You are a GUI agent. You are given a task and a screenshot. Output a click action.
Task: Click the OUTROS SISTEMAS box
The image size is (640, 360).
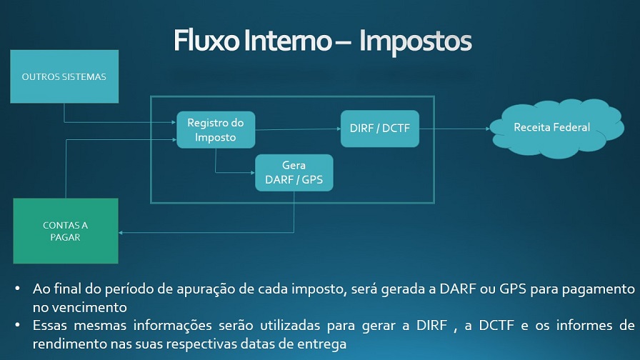pos(64,76)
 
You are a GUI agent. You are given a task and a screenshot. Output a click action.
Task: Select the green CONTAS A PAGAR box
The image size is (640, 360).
pos(66,231)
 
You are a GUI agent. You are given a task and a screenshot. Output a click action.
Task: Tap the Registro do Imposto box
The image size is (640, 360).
pos(216,130)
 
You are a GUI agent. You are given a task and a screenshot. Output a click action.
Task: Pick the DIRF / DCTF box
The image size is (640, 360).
pos(380,129)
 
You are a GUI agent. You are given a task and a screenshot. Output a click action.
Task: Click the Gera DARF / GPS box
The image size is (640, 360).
pos(294,173)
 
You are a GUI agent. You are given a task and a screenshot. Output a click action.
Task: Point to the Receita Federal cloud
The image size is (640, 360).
pos(556,128)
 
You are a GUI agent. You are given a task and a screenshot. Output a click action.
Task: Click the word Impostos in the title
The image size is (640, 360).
pos(416,41)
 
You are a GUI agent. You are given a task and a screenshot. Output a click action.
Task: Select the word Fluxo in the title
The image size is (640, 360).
pos(206,40)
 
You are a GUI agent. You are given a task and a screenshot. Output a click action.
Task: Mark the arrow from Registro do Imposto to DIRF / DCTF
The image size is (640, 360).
pos(298,129)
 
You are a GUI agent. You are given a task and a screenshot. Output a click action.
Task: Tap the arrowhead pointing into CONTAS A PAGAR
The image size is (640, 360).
pos(121,233)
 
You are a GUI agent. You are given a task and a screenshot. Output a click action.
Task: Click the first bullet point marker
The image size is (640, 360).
pos(17,289)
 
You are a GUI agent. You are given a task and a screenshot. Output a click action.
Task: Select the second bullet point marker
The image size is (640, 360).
pos(17,325)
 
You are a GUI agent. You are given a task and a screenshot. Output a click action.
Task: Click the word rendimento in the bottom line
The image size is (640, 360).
pos(69,344)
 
